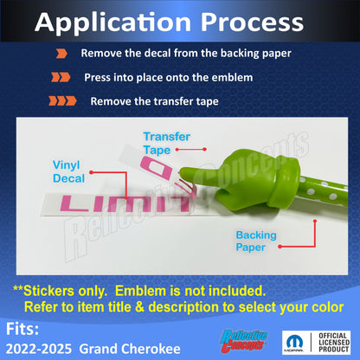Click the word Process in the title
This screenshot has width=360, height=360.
pos(252,22)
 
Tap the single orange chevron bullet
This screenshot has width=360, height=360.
pos(61,54)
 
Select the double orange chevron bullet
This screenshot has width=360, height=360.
pos(61,77)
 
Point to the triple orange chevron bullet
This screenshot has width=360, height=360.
pos(62,101)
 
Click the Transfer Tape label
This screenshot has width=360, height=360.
pos(166,143)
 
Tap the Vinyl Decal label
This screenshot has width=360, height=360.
pos(68,171)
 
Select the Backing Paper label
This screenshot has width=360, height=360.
pos(256,241)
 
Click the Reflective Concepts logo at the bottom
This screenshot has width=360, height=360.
pos(244,342)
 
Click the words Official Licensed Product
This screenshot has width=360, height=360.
pos(334,343)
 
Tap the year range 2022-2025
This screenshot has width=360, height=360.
pos(39,349)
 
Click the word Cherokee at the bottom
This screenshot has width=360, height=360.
pos(150,349)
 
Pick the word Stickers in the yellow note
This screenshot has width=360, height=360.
pos(65,291)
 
